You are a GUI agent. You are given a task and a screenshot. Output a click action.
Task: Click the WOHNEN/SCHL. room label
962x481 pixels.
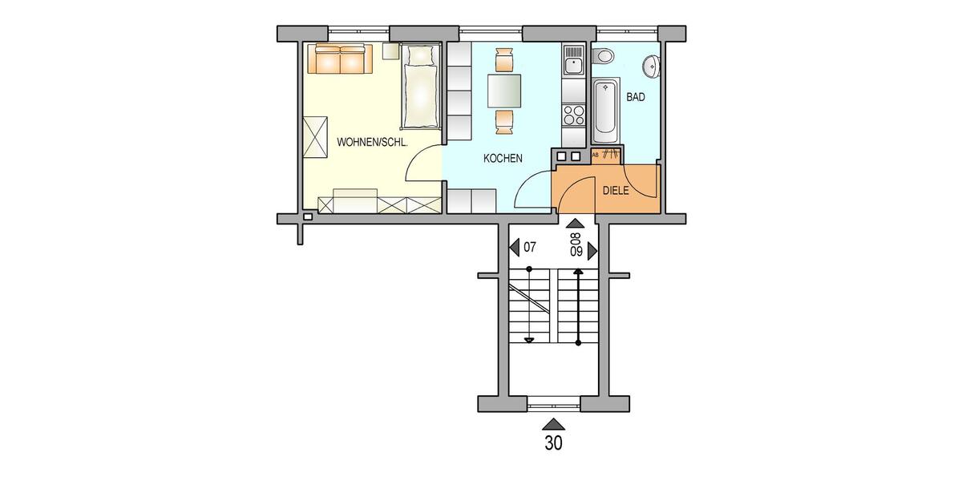(373, 142)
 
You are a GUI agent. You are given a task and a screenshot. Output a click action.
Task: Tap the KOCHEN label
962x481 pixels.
(503, 159)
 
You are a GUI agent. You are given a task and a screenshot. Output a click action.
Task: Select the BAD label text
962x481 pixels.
(636, 97)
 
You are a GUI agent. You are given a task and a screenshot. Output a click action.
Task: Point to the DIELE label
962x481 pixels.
(616, 191)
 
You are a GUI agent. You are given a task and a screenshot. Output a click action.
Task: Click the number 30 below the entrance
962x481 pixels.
(553, 443)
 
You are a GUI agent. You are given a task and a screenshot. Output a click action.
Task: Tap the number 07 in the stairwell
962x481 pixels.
(529, 248)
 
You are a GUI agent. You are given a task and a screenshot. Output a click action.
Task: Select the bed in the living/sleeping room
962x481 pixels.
(421, 88)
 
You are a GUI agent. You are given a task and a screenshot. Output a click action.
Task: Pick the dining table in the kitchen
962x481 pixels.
(504, 91)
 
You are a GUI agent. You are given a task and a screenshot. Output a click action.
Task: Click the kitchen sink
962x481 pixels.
(574, 61)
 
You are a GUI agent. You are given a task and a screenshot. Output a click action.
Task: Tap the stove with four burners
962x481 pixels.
(574, 115)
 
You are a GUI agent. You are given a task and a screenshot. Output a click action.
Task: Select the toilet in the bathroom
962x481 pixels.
(604, 56)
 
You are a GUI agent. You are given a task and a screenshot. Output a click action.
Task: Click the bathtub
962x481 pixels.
(605, 107)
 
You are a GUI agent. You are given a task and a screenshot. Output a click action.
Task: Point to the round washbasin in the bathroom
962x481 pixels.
(654, 65)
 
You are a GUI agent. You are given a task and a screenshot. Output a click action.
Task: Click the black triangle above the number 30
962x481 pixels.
(553, 424)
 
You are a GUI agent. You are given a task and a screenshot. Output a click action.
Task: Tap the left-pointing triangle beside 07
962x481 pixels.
(514, 248)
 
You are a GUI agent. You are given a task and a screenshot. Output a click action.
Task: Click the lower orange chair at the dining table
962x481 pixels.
(504, 121)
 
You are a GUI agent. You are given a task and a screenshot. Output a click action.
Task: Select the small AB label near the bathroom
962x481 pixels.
(595, 154)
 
